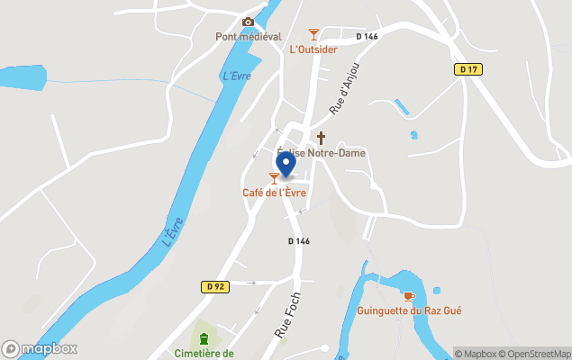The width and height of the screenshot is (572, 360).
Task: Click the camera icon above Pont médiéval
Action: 248,22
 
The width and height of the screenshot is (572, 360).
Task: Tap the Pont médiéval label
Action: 249,37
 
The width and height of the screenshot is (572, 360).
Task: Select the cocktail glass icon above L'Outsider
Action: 313,34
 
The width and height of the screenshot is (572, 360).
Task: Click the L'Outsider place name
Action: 313,49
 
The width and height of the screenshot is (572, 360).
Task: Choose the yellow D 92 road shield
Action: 213,286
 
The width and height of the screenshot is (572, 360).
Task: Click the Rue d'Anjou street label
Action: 344,89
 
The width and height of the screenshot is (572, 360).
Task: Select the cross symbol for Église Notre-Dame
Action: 321,138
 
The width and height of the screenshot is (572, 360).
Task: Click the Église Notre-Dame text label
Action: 321,153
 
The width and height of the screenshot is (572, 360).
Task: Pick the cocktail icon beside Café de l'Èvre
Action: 274,178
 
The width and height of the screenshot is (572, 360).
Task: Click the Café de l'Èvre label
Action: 274,193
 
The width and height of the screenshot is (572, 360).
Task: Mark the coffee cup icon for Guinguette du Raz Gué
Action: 408,296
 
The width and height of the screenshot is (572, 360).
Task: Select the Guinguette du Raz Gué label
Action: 410,311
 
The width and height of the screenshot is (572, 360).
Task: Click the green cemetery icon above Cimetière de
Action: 204,338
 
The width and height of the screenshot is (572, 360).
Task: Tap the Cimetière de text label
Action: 204,354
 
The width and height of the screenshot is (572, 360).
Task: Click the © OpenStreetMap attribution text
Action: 536,354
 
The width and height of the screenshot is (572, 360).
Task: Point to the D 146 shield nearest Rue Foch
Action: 299,241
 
